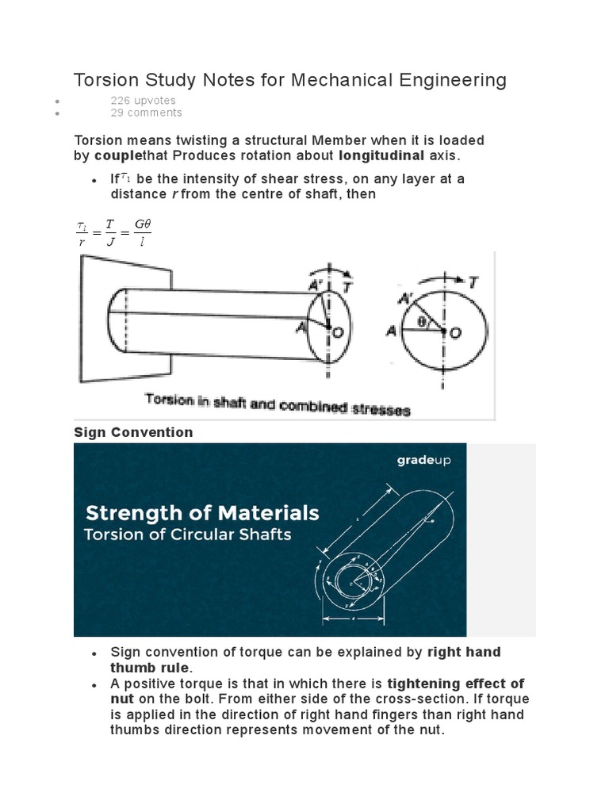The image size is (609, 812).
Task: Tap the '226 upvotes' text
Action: (x=143, y=101)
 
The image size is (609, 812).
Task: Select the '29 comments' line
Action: (x=146, y=113)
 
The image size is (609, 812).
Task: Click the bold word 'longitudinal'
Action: (x=382, y=155)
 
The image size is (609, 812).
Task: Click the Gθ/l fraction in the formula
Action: (x=142, y=233)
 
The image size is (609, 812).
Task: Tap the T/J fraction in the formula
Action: (x=110, y=233)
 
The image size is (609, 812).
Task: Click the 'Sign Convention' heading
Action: (x=133, y=432)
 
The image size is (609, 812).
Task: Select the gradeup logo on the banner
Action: (x=423, y=460)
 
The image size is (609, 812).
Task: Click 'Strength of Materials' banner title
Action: (x=201, y=512)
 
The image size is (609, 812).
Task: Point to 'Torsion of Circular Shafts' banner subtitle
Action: (x=188, y=534)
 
